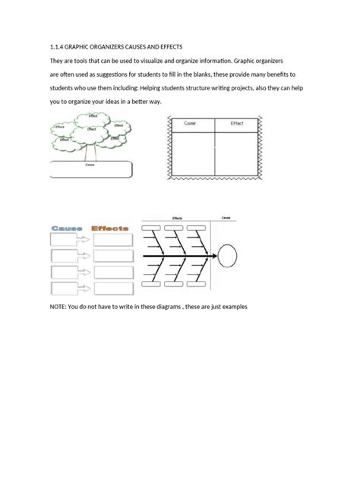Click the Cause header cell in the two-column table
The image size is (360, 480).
pos(190,123)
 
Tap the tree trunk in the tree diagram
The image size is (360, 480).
pos(90,151)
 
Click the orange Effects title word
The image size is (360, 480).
pos(110,227)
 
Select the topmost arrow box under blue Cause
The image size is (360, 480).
pos(69,240)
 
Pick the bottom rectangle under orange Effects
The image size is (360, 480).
pos(112,290)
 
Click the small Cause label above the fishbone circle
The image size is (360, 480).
pos(226,217)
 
